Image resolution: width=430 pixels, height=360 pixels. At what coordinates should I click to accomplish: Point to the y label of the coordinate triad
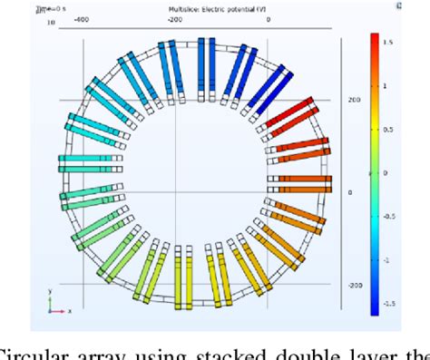[x=50, y=292]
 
